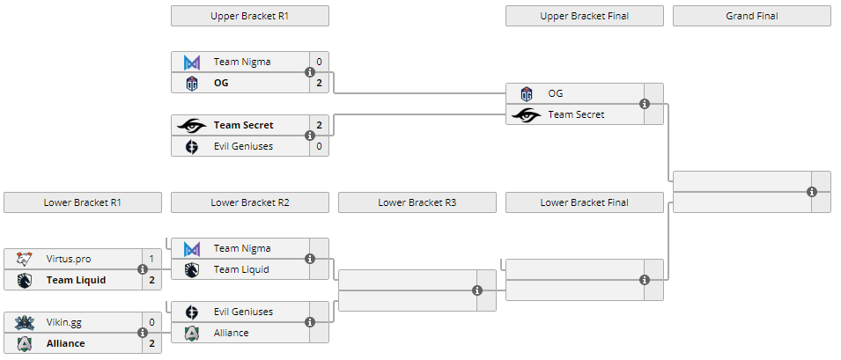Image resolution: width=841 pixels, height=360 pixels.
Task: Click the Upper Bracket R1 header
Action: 249,16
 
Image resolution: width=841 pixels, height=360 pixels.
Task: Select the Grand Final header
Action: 751,16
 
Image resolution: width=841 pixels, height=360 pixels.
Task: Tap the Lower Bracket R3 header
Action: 417,202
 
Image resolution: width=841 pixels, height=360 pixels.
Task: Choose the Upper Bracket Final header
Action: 584,16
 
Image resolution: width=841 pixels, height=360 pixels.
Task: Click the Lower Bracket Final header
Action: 584,202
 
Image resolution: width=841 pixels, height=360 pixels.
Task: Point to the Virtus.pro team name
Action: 69,259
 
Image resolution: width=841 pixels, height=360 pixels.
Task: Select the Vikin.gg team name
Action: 64,322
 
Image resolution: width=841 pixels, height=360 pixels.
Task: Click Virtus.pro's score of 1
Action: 151,259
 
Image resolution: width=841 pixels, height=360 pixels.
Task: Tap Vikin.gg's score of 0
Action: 151,322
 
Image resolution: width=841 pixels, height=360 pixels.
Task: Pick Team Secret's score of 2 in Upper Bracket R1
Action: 319,125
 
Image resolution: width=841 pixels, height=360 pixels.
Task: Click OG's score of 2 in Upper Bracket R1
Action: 319,83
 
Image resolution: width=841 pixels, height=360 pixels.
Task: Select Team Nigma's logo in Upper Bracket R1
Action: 192,62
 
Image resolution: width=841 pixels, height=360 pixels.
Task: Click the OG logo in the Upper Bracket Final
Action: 527,93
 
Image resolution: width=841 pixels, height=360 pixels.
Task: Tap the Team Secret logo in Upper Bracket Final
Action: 527,114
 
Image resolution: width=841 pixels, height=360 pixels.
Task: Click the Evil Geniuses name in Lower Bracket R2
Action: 243,312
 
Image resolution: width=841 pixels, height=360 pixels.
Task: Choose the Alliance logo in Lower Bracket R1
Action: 25,343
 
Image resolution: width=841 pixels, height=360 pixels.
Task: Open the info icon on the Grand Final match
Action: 812,192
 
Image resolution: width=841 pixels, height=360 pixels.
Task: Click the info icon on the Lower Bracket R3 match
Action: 477,290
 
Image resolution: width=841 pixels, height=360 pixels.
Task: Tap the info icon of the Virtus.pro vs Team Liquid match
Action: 143,269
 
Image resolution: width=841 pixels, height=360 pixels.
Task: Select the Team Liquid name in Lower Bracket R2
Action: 241,269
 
